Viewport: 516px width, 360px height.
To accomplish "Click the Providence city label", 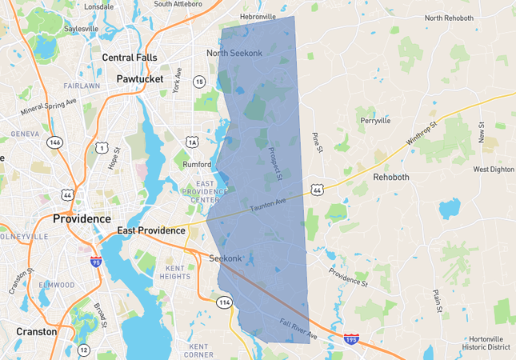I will (x=82, y=218).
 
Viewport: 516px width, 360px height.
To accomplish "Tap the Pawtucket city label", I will (x=139, y=79).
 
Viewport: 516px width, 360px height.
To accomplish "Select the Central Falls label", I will (x=130, y=57).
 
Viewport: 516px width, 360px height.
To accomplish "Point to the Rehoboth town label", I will (x=391, y=177).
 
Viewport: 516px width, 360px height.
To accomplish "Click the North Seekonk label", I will (x=234, y=53).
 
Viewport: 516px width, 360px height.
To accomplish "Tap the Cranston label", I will (x=37, y=331).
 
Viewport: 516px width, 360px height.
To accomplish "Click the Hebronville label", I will (x=258, y=16).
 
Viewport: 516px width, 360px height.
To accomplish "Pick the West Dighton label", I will (x=494, y=170).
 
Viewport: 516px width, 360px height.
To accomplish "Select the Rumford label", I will (x=196, y=165).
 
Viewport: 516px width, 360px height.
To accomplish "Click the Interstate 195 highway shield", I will (x=351, y=339).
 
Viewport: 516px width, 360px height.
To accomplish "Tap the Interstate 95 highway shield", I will (x=95, y=261).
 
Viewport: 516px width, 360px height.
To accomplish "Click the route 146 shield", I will (x=54, y=142).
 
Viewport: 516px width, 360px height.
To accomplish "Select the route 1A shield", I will (x=192, y=142).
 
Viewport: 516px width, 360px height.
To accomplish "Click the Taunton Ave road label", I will (x=269, y=204).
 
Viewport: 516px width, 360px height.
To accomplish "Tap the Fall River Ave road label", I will (x=298, y=328).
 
